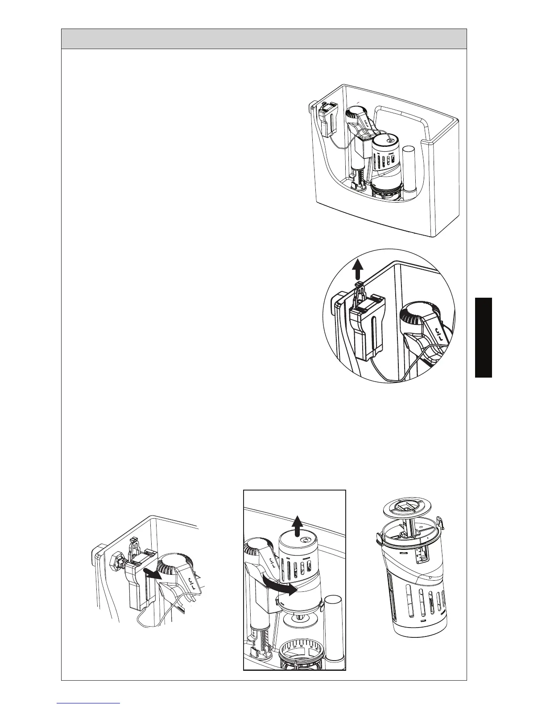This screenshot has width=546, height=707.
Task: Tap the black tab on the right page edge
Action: pyautogui.click(x=483, y=338)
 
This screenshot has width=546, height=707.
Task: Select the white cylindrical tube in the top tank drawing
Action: pyautogui.click(x=409, y=175)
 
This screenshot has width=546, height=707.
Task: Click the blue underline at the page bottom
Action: pyautogui.click(x=89, y=703)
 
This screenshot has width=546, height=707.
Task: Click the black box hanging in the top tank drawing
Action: pyautogui.click(x=329, y=121)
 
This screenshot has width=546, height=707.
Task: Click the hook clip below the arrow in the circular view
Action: pyautogui.click(x=359, y=292)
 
